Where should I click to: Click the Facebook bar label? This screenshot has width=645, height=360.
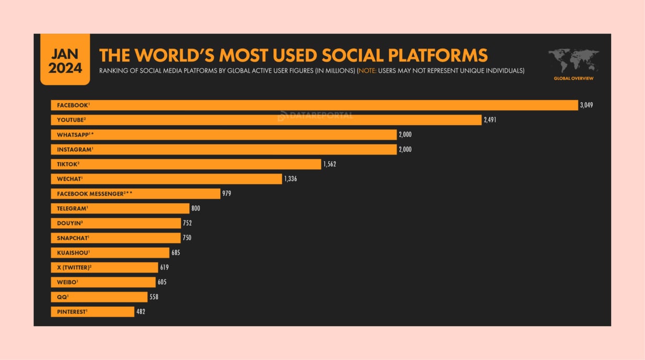point(72,105)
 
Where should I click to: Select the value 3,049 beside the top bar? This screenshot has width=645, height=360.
point(586,105)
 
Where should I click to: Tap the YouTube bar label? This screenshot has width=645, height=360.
point(71,120)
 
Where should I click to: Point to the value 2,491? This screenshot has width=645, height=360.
point(490,120)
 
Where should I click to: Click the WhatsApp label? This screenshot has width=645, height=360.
point(74,135)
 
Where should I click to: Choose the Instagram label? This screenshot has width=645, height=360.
point(74,150)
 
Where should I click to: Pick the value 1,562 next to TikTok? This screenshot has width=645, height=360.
point(329,164)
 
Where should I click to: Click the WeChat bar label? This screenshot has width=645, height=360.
point(69,179)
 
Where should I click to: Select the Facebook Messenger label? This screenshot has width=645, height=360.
point(94,194)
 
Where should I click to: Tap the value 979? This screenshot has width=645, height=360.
point(227,194)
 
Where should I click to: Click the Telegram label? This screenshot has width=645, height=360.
point(72,208)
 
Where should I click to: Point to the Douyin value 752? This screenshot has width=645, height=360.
point(187,223)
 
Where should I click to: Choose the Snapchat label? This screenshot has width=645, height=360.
point(72,238)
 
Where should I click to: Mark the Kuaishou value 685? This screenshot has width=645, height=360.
point(176,252)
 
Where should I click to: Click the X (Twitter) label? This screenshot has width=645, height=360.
point(74,268)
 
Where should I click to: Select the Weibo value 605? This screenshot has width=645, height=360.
point(162,282)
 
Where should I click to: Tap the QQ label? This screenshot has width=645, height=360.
point(62,297)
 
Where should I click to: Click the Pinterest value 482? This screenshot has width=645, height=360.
point(141,312)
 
